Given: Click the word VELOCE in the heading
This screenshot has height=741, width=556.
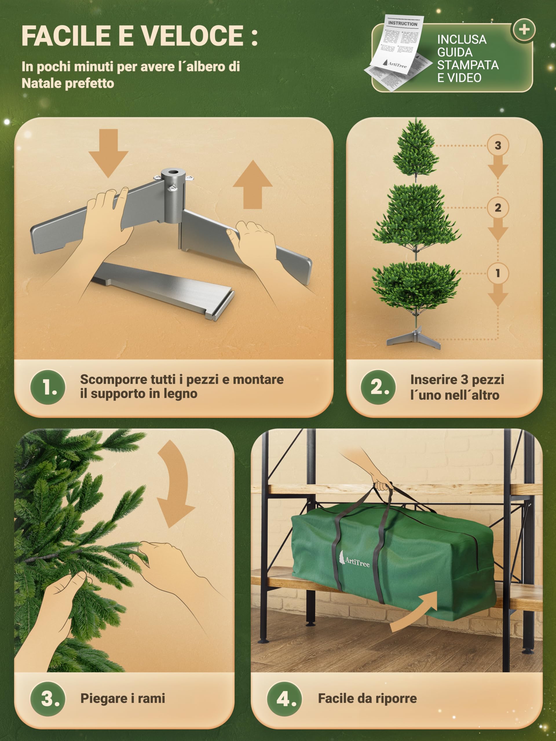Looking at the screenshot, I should [x=191, y=36].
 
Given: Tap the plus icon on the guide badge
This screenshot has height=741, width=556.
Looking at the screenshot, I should [x=524, y=30].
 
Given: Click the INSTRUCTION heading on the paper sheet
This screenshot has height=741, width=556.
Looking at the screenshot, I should [x=403, y=24].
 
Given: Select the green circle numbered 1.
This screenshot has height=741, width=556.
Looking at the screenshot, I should [x=47, y=387].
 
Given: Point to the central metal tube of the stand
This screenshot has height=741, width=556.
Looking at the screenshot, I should [x=172, y=196].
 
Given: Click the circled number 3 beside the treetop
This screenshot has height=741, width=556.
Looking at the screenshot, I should [x=498, y=145].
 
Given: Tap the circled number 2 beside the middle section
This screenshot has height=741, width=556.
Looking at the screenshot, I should [x=498, y=208].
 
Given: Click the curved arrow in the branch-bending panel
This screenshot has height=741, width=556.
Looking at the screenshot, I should [x=174, y=484].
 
